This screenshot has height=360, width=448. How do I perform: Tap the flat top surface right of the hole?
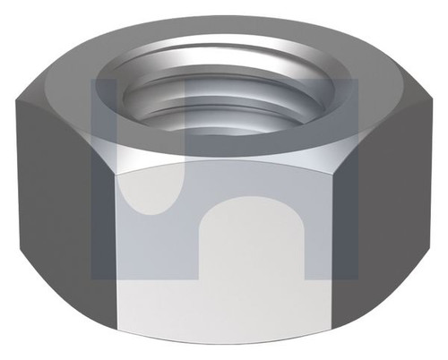click(x=376, y=90)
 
